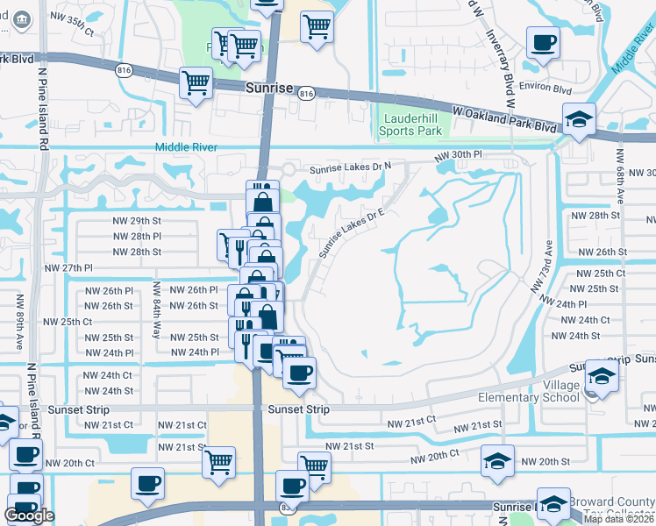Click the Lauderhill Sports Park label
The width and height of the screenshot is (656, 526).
pos(410,125)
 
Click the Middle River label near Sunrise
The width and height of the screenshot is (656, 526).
pos(186,147)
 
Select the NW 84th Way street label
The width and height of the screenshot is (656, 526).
pos(156,310)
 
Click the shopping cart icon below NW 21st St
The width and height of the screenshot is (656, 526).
pos(218,461)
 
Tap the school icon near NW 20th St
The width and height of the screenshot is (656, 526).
pos(497,460)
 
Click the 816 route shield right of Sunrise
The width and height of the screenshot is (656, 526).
pos(305,94)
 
